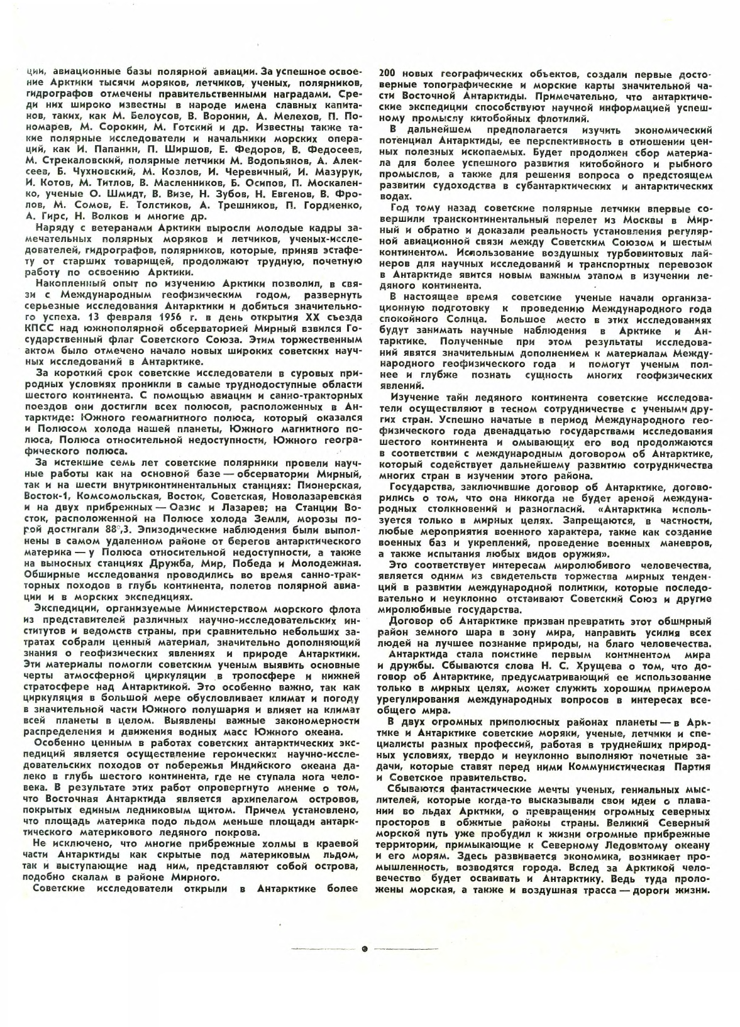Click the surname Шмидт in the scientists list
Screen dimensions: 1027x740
point(133,194)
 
